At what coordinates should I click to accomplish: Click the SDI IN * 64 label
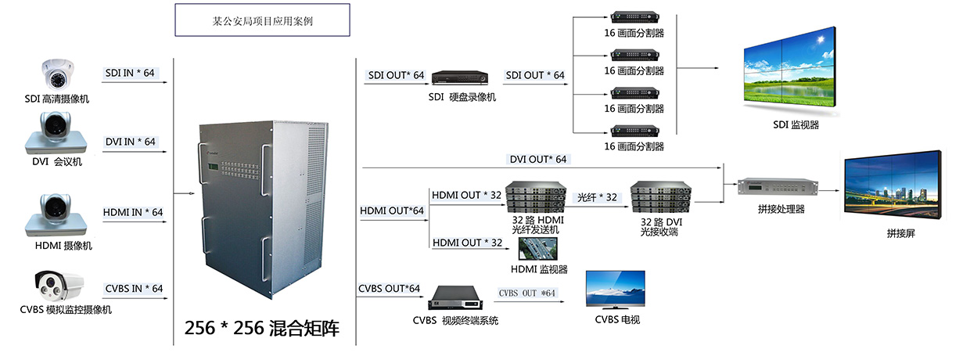point(130,73)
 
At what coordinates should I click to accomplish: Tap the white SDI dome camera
point(58,74)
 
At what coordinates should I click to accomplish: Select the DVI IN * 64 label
point(131,142)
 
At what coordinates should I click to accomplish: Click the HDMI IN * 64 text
point(133,212)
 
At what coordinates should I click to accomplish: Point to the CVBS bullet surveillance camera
point(59,286)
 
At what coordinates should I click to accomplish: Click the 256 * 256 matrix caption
point(262,328)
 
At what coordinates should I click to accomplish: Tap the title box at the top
point(262,20)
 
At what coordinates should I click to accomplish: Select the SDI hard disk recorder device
point(460,77)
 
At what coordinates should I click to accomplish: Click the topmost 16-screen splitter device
point(635,17)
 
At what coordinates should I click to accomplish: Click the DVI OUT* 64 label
point(538,160)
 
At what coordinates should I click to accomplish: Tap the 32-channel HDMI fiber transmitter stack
point(536,197)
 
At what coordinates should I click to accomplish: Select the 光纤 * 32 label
point(597,197)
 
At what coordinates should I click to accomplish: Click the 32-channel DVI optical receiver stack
point(661,197)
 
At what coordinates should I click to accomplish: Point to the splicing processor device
point(778,188)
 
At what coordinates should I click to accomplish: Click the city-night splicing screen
point(893,184)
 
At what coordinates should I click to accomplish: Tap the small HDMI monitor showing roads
point(538,249)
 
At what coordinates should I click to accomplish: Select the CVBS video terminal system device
point(455,298)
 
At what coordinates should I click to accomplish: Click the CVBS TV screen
point(616,290)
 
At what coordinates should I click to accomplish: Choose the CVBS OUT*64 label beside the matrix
point(389,289)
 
